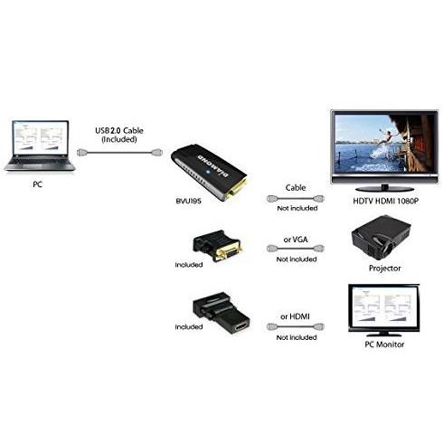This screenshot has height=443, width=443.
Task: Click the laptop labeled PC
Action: pyautogui.click(x=40, y=146)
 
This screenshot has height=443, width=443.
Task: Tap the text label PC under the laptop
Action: pyautogui.click(x=37, y=184)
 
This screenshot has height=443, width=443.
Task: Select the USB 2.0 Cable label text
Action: pyautogui.click(x=119, y=130)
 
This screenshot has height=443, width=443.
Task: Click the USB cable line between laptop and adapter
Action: pyautogui.click(x=119, y=153)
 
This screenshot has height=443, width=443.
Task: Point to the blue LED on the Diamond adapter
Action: pyautogui.click(x=207, y=173)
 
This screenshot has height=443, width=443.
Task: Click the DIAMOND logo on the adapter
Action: pyautogui.click(x=213, y=166)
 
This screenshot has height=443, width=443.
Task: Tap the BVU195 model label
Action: pyautogui.click(x=188, y=201)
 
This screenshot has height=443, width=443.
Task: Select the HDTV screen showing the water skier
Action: pyautogui.click(x=384, y=144)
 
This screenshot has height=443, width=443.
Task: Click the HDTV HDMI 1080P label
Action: pyautogui.click(x=386, y=201)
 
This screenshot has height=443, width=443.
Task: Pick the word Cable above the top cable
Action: pyautogui.click(x=296, y=187)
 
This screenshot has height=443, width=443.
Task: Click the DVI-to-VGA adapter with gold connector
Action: pyautogui.click(x=217, y=246)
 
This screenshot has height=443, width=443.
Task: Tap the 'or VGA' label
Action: pyautogui.click(x=296, y=240)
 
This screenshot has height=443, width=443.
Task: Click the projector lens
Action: pyautogui.click(x=391, y=249)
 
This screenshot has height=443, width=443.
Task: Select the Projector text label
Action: pyautogui.click(x=385, y=269)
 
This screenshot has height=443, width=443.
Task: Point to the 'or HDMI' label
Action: pyautogui.click(x=295, y=316)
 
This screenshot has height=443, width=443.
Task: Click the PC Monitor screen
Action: pyautogui.click(x=383, y=307)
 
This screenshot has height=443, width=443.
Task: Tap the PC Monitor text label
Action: pyautogui.click(x=384, y=344)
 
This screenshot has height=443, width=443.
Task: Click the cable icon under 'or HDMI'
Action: pyautogui.click(x=296, y=326)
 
